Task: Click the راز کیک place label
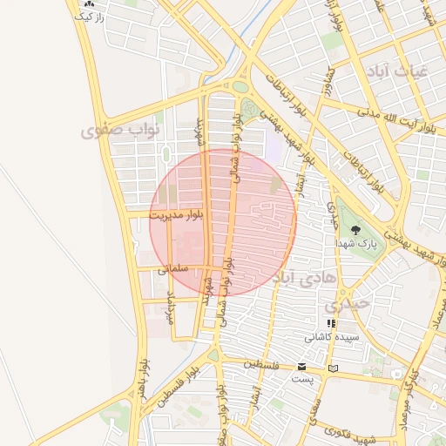(88, 17)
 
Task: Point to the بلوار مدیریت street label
(177, 213)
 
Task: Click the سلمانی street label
(173, 270)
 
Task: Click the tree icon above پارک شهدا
(355, 229)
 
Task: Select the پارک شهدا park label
(359, 245)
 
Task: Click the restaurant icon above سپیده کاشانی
(331, 323)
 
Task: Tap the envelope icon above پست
(301, 367)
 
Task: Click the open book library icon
(332, 368)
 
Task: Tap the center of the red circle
(223, 222)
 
